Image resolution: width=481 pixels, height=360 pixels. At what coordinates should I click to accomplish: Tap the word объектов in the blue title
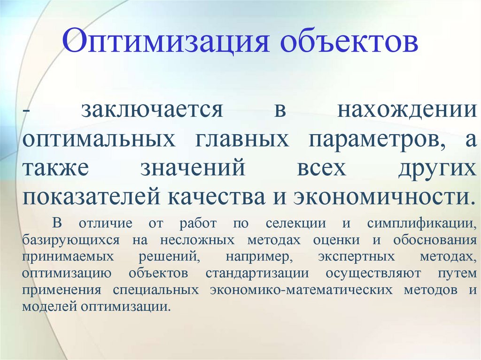click(x=348, y=42)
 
